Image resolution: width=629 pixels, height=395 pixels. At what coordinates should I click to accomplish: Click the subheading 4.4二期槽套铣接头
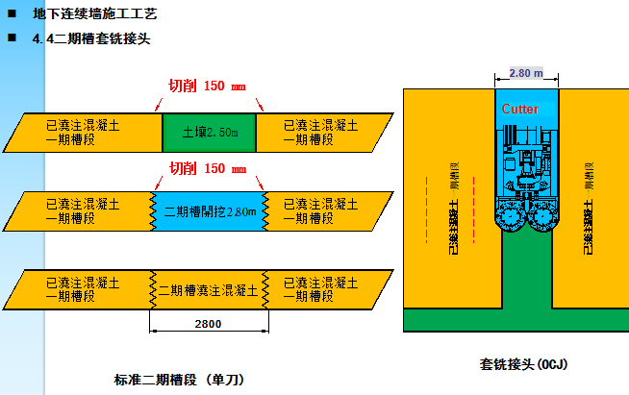pos(91,39)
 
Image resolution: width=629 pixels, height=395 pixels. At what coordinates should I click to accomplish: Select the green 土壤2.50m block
pos(209,132)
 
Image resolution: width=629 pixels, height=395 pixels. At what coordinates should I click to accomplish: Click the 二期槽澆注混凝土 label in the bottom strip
pos(208,290)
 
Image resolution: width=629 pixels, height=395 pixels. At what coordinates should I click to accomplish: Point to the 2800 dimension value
pos(208,324)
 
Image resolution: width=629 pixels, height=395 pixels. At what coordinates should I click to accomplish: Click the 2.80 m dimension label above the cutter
pos(526,73)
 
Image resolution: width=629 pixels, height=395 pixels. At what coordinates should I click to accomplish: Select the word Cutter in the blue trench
pos(520,110)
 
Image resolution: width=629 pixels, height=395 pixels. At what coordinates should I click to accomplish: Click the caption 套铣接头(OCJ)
pos(523,364)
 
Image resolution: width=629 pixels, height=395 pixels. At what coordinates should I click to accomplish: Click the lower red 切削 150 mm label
pos(210,168)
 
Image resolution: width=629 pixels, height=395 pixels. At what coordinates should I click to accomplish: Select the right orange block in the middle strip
pos(322,210)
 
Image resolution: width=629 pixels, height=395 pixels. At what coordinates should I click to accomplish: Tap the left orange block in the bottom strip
pos(82,290)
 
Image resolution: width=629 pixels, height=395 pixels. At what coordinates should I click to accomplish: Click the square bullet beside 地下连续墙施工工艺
pos(12,14)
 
